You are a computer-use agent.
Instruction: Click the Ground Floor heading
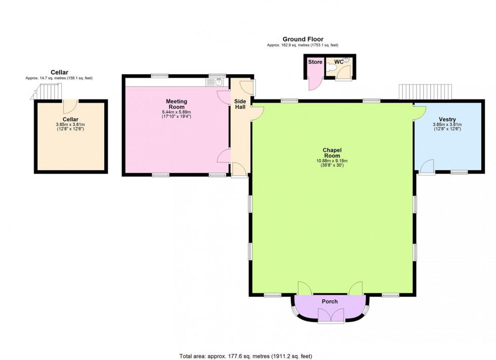click(x=303, y=39)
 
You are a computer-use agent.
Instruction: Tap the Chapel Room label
click(x=333, y=153)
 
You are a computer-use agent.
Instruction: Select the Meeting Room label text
click(x=177, y=104)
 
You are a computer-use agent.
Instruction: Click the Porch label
click(x=329, y=301)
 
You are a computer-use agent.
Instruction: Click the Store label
click(x=315, y=62)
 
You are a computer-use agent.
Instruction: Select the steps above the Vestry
click(x=425, y=92)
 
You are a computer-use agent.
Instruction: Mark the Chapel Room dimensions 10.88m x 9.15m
click(x=333, y=161)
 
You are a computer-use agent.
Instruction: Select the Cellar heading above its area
click(x=59, y=72)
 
